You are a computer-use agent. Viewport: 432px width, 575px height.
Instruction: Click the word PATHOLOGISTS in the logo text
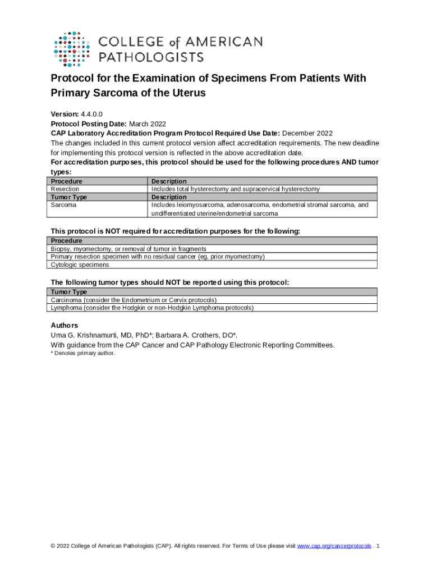[151, 57]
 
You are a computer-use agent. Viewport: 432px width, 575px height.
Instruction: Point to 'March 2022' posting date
[148, 124]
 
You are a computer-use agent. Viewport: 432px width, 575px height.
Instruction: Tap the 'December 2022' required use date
[307, 133]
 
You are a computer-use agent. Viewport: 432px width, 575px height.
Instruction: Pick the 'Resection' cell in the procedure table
[65, 189]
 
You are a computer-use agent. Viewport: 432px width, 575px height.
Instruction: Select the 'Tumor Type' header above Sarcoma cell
[68, 197]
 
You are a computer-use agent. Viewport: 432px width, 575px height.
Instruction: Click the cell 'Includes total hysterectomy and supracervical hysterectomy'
[235, 189]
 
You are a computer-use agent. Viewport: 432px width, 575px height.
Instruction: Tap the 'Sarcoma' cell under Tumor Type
[63, 205]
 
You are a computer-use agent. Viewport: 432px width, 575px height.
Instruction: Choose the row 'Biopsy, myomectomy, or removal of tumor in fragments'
[128, 249]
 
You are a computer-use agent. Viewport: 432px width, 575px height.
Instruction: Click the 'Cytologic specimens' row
[80, 264]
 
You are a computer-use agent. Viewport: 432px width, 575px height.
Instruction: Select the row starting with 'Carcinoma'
[134, 300]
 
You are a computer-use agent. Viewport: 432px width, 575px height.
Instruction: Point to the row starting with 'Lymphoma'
[152, 308]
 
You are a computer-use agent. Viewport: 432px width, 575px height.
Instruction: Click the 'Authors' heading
[65, 326]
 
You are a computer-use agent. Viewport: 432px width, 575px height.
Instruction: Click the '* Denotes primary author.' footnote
[83, 353]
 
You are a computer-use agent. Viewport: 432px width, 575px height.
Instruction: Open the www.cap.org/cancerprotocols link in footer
[334, 546]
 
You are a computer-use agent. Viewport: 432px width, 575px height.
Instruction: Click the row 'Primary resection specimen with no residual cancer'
[158, 257]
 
